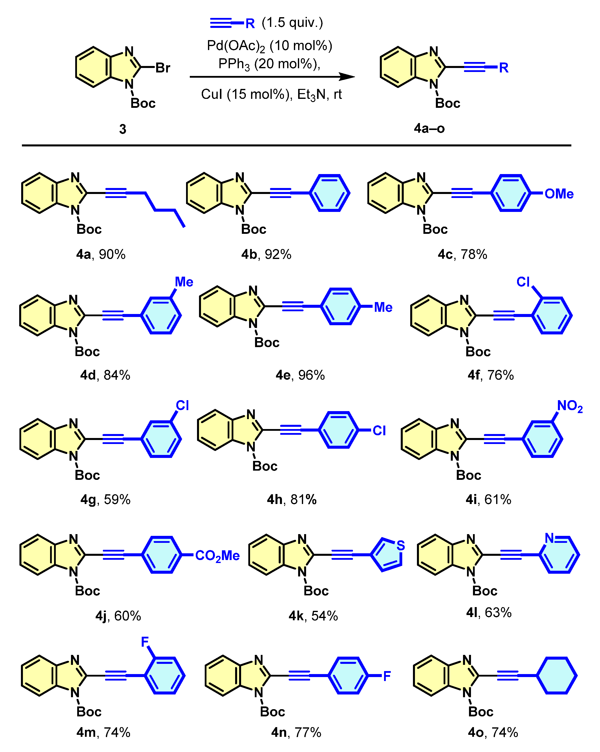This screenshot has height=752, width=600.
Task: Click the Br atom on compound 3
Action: point(163,68)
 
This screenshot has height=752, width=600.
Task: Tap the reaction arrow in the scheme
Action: point(272,77)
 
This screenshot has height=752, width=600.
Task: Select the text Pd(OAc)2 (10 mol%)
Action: point(269,46)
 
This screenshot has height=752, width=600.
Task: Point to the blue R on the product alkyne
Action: point(503,68)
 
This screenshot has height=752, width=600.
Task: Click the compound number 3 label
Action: point(123,129)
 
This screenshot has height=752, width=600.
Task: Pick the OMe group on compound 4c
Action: point(559,193)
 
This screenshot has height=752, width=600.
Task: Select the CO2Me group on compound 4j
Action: point(217,556)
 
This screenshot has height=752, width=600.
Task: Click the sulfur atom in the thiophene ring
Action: point(401,545)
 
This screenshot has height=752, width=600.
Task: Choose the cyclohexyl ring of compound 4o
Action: point(557,676)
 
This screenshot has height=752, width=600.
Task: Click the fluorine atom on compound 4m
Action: point(145,641)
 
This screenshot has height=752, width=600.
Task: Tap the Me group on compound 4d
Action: point(184,282)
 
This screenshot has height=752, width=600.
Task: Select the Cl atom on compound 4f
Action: point(523,282)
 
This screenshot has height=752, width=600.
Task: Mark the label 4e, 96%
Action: point(300,375)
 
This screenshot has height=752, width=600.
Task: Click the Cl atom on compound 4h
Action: point(379,431)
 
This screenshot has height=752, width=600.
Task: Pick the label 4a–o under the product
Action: point(429,128)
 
